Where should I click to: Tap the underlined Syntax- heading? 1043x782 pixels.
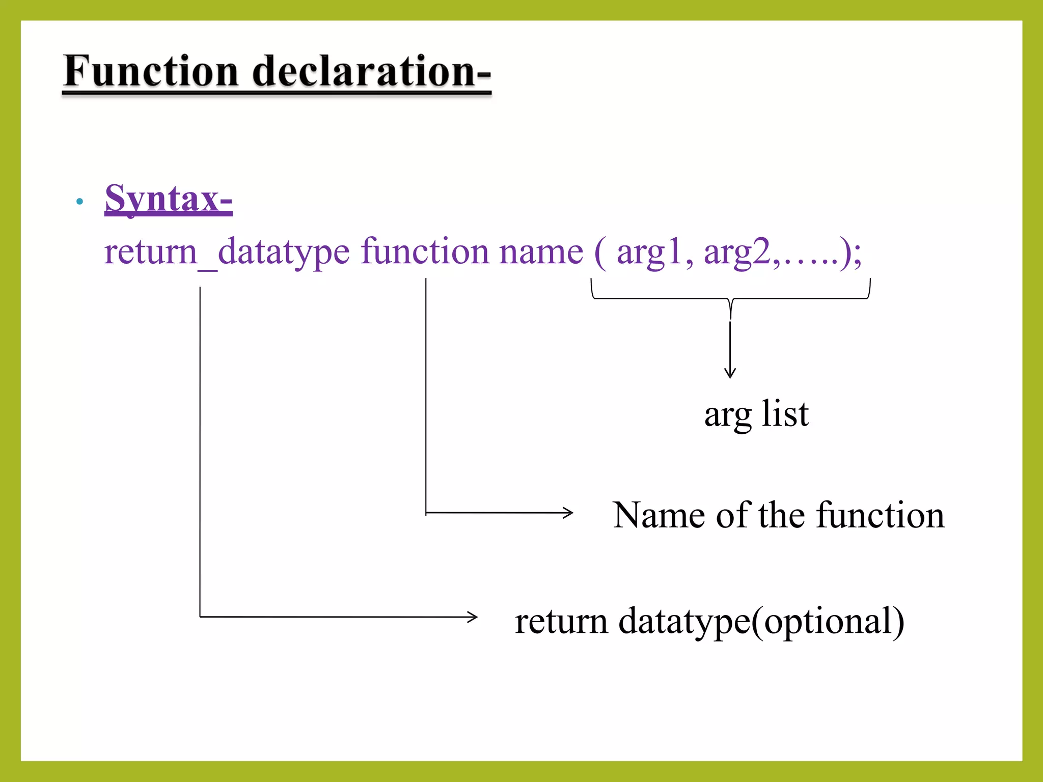[x=168, y=199]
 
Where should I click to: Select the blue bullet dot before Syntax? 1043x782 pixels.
[x=79, y=202]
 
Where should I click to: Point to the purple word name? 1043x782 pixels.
[x=541, y=252]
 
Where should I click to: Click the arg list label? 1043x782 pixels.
[x=756, y=414]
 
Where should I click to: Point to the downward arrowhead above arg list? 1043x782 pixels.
[x=730, y=374]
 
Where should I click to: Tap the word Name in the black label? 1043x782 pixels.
[x=659, y=515]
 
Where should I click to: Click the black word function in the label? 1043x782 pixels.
[x=881, y=515]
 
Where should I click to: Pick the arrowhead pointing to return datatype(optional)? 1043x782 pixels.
[x=473, y=617]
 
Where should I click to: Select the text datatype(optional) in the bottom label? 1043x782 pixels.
[x=761, y=622]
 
